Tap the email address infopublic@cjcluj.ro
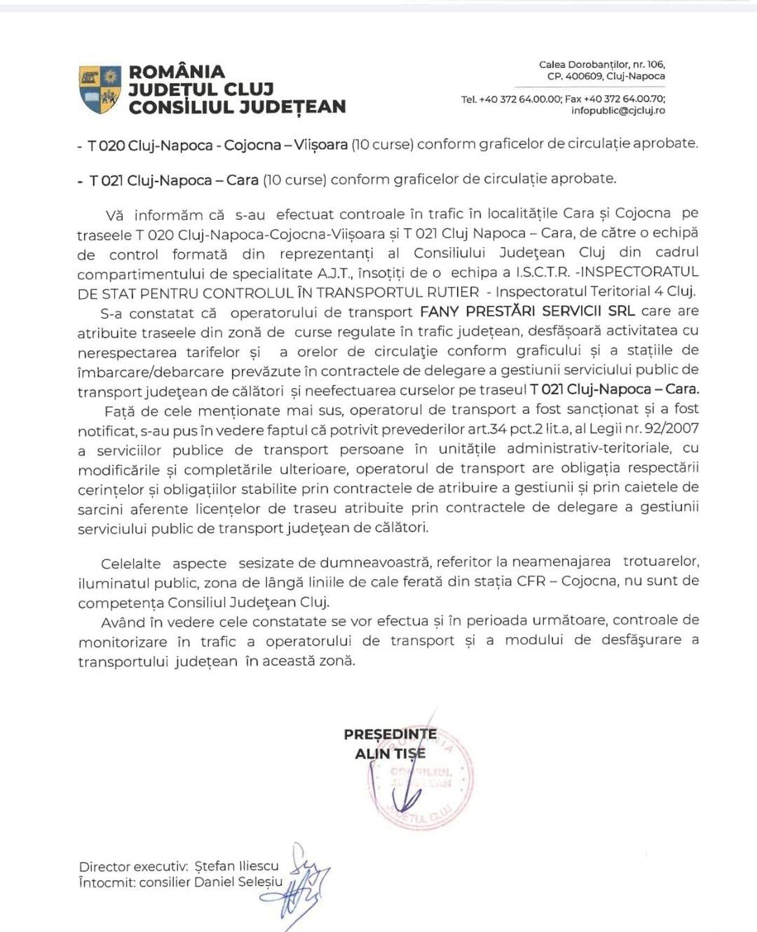coord(618,111)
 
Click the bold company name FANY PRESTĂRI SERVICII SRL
coord(528,311)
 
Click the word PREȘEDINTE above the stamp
coord(390,734)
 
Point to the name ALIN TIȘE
coord(390,754)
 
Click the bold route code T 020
coord(107,145)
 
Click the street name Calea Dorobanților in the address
coord(583,65)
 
